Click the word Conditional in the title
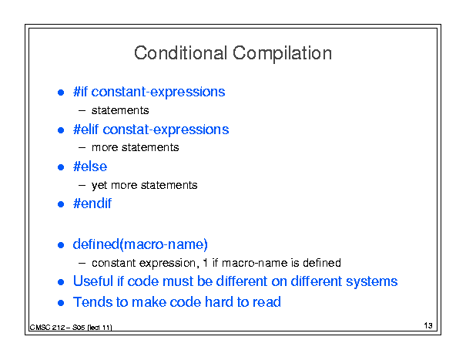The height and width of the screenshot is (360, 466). [181, 53]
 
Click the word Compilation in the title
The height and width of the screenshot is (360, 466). [282, 54]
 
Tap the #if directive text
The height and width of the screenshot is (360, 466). [80, 92]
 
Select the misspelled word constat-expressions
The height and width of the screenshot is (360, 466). [166, 130]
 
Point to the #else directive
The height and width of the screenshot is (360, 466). [90, 167]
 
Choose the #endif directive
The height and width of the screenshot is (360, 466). [92, 204]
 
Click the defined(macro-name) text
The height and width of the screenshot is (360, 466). [140, 244]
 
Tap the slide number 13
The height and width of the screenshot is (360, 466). [428, 325]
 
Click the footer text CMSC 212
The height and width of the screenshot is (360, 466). [47, 328]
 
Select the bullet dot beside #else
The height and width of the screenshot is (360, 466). [61, 167]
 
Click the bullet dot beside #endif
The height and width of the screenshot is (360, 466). [61, 204]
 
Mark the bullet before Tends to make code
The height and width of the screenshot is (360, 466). [61, 303]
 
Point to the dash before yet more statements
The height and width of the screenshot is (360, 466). [82, 185]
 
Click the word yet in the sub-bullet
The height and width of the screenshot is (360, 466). [99, 185]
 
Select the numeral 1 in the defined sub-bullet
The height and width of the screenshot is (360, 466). [205, 263]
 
